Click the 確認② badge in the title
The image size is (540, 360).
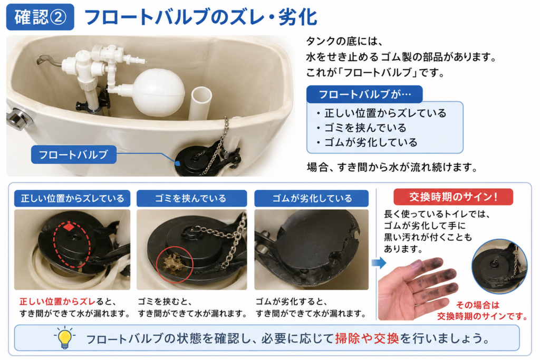pos(40,17)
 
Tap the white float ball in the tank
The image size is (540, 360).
pos(159,92)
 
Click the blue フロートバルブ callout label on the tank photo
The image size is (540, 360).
pos(74,154)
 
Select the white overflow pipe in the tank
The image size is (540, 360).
pos(200,103)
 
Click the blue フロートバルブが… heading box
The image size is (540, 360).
pos(364,94)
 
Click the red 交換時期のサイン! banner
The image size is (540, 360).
pos(453,197)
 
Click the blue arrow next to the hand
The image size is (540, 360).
pos(379,264)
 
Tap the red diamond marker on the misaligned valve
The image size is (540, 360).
pos(69,227)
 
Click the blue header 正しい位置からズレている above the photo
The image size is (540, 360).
pos(72,199)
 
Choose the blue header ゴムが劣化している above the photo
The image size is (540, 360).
pos(312,199)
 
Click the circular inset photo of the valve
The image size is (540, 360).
pos(499,266)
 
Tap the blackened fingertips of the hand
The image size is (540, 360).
pos(435,275)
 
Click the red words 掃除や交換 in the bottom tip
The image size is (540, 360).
pos(367,339)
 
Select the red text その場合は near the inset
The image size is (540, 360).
pos(477,305)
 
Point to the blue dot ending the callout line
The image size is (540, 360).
pos(178,163)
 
